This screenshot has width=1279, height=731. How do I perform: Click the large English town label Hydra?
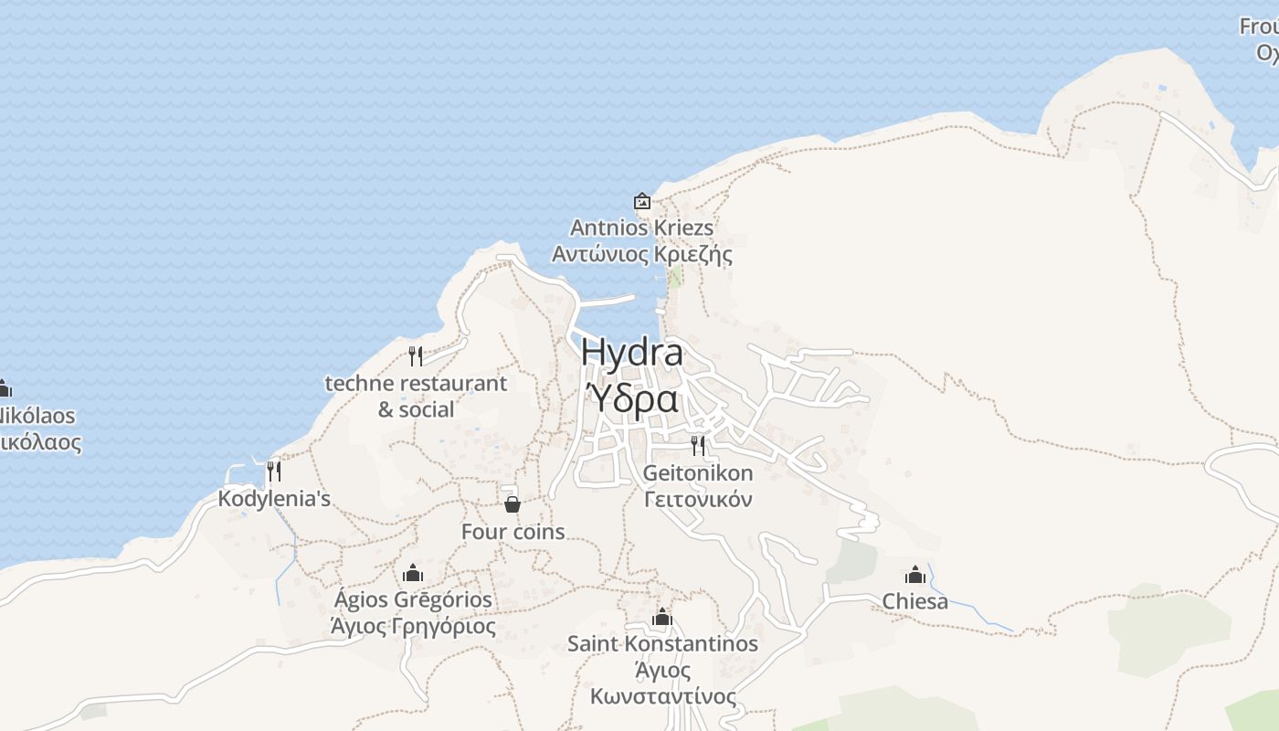631,353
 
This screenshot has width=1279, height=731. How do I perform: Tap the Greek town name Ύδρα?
631,398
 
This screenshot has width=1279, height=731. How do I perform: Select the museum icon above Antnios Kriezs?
642,201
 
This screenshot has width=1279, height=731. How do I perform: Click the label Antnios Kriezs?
641,228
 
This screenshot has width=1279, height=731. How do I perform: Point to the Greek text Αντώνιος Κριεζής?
641,254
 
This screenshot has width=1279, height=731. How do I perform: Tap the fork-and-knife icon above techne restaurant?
416,355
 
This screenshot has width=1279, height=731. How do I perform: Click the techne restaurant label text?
416,384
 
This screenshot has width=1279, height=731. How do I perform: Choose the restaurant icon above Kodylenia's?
273,471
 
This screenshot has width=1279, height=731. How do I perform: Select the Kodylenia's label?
274,499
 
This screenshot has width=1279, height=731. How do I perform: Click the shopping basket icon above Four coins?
513,504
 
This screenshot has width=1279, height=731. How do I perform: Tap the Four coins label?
513,532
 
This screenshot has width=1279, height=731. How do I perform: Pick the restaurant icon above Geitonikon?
698,446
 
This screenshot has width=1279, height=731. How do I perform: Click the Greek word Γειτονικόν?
698,500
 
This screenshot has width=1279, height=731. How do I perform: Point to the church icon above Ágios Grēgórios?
413,573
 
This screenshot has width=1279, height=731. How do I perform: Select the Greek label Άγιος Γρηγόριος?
413,627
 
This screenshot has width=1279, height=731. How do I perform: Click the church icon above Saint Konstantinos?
662,617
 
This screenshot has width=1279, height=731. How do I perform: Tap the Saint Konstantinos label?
662,643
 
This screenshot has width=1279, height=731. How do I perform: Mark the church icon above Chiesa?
914,575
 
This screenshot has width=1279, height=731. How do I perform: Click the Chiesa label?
914,601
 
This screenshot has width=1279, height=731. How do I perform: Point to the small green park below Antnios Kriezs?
675,277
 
